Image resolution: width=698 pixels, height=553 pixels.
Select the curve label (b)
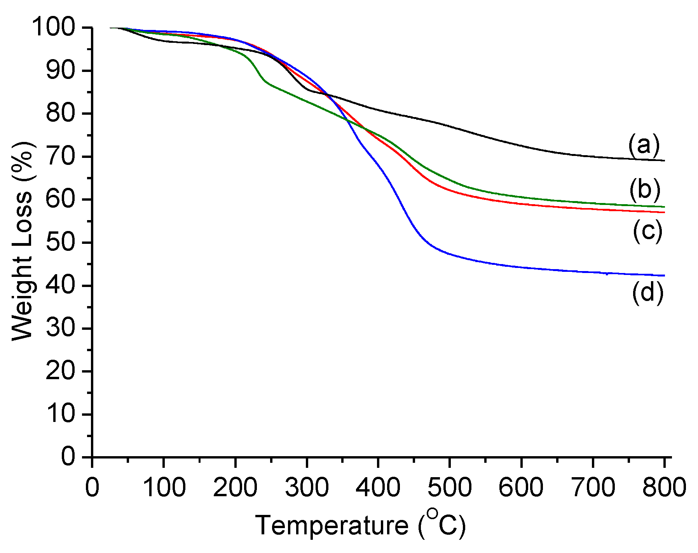point(645,189)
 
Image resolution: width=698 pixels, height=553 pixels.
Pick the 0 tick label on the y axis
point(68,456)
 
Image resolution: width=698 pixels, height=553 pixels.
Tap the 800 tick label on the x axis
point(664,487)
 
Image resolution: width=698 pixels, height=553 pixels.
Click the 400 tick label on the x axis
point(378,487)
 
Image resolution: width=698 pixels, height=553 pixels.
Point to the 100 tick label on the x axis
point(164,487)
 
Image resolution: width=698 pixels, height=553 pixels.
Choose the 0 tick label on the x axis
point(92,487)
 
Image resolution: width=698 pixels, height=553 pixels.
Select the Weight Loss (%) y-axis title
point(23,241)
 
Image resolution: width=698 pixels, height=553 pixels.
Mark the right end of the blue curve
point(664,275)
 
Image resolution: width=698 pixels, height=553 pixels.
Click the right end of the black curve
point(664,160)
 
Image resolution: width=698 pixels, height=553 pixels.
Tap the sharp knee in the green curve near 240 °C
point(265,80)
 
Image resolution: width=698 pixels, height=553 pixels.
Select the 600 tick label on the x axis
point(521,487)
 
